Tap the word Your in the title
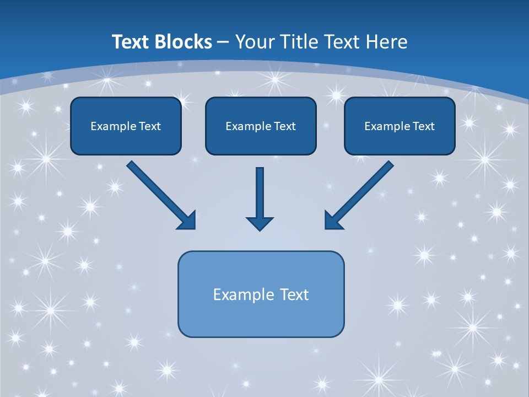click(x=256, y=42)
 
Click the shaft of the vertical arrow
click(x=260, y=190)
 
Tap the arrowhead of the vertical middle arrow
click(x=260, y=223)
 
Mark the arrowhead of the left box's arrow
click(x=187, y=221)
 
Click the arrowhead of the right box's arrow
click(x=333, y=221)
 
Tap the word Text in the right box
click(x=424, y=126)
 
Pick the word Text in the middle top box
click(x=285, y=126)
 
